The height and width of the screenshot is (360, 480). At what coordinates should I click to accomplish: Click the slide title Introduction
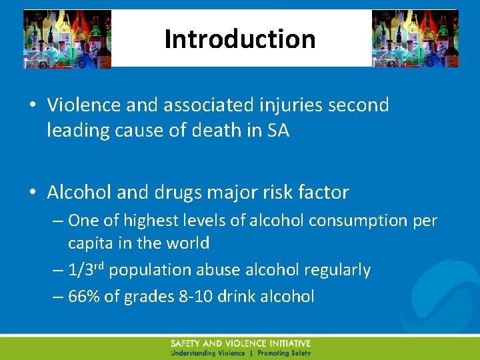240,39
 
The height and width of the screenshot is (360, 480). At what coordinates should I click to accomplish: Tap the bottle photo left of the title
67,39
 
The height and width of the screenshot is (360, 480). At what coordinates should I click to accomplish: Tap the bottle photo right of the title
415,39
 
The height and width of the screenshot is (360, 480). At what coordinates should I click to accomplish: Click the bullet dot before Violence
32,105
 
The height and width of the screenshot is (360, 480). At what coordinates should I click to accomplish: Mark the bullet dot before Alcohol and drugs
32,193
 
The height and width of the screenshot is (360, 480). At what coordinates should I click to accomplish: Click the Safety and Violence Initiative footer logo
240,347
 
